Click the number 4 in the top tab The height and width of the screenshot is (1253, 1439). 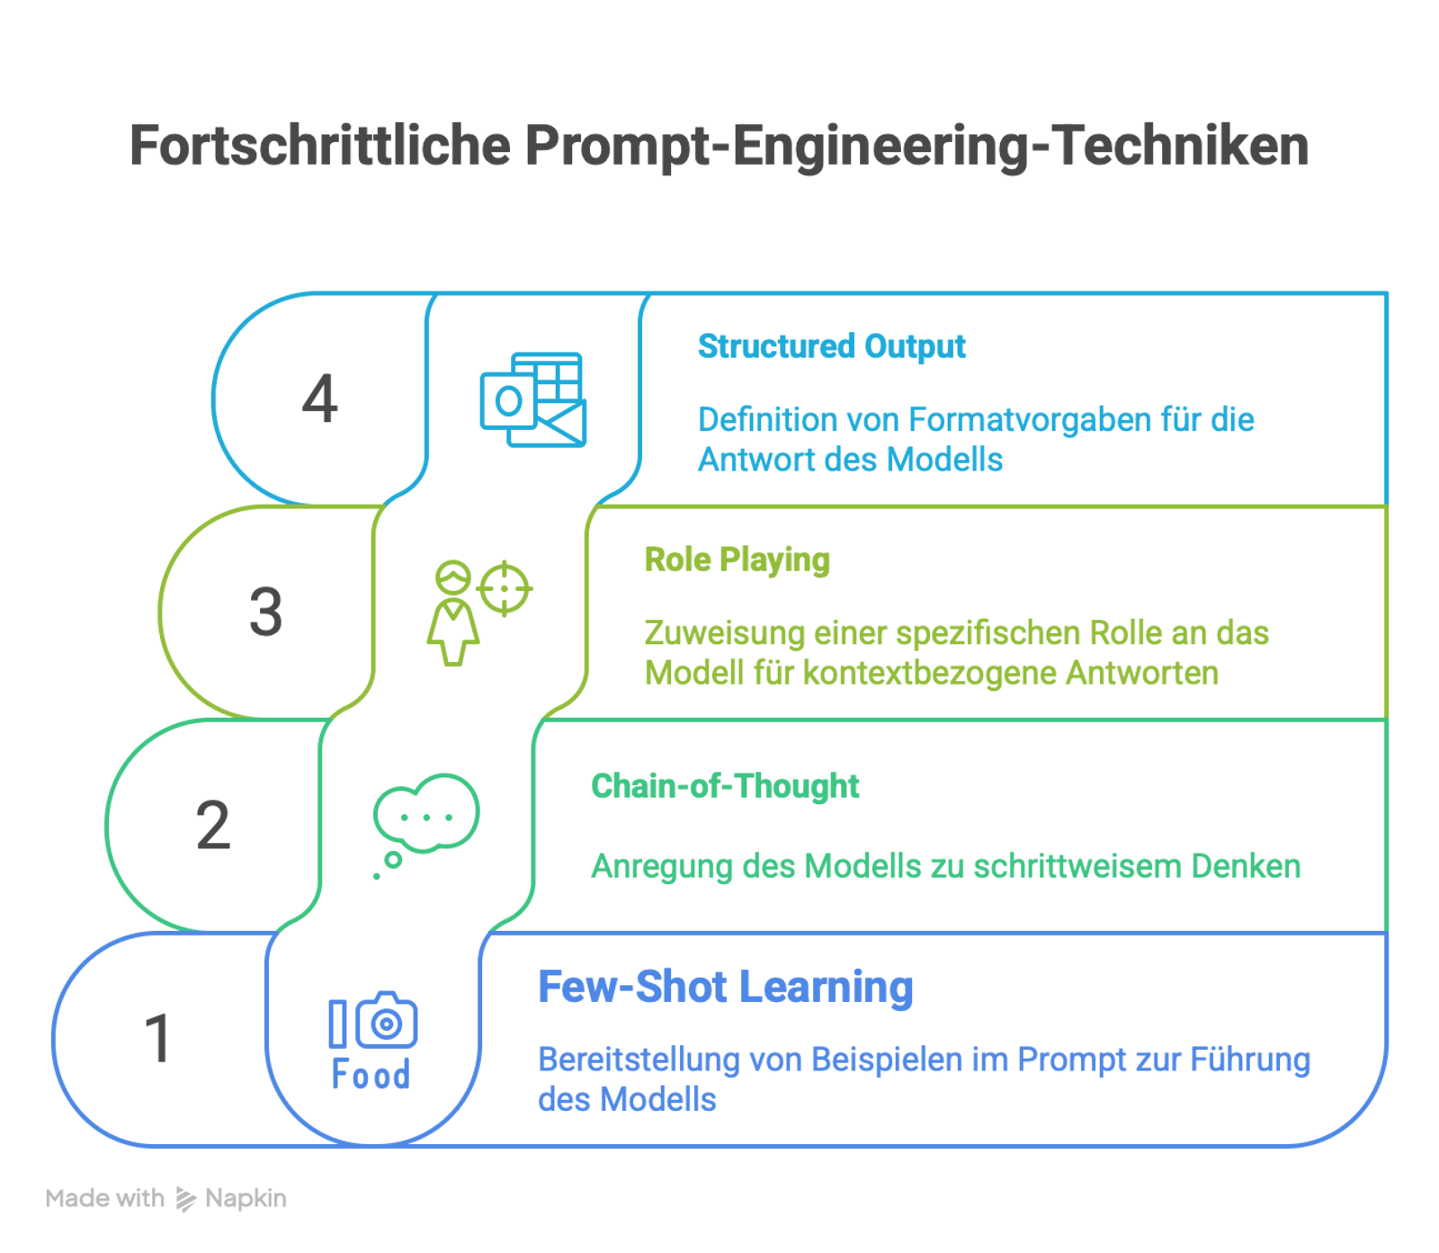(x=319, y=398)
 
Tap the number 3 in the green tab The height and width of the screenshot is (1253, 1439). (x=266, y=612)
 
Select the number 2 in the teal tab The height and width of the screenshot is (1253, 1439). (x=213, y=824)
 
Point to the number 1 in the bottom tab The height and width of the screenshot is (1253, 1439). (x=158, y=1037)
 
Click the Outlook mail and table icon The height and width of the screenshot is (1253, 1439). (x=533, y=399)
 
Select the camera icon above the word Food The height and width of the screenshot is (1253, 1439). (x=386, y=1022)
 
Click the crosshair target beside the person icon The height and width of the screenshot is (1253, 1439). (x=505, y=588)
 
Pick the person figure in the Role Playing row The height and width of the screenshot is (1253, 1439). (x=452, y=613)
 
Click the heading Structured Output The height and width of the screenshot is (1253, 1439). (x=832, y=346)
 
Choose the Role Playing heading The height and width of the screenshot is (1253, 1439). (x=737, y=560)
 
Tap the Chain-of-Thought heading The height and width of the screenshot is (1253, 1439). (x=725, y=786)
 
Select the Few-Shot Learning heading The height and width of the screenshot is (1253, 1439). (x=725, y=987)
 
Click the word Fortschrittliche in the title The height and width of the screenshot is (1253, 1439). (x=320, y=145)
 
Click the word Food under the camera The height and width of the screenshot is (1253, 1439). (x=371, y=1075)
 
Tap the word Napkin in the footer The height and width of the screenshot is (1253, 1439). (x=246, y=1198)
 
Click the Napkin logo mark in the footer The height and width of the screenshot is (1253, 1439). (x=185, y=1199)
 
